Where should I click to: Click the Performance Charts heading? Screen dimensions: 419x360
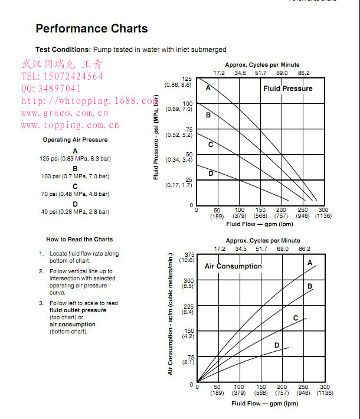pyautogui.click(x=91, y=28)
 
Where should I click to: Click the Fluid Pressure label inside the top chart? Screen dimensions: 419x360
pyautogui.click(x=288, y=89)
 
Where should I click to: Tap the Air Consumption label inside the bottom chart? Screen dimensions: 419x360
pyautogui.click(x=233, y=266)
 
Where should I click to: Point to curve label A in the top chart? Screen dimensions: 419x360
pyautogui.click(x=208, y=88)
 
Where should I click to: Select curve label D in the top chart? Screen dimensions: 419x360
pyautogui.click(x=211, y=174)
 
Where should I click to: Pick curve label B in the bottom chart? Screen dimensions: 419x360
pyautogui.click(x=310, y=286)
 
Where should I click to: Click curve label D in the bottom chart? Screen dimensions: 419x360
pyautogui.click(x=276, y=345)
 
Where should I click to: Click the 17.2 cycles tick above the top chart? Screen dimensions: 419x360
pyautogui.click(x=219, y=73)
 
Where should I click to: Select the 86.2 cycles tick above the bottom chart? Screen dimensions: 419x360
pyautogui.click(x=304, y=249)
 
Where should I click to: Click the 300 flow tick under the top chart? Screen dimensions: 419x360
pyautogui.click(x=323, y=210)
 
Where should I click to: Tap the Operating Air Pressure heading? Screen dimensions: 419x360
pyautogui.click(x=75, y=140)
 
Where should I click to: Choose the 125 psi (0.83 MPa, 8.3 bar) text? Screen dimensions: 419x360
pyautogui.click(x=75, y=159)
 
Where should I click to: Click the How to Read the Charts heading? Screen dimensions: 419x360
pyautogui.click(x=79, y=239)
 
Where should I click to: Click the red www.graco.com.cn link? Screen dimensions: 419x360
pyautogui.click(x=65, y=113)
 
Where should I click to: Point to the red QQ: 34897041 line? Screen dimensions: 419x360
pyautogui.click(x=51, y=89)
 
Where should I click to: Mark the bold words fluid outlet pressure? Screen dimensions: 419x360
pyautogui.click(x=78, y=310)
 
